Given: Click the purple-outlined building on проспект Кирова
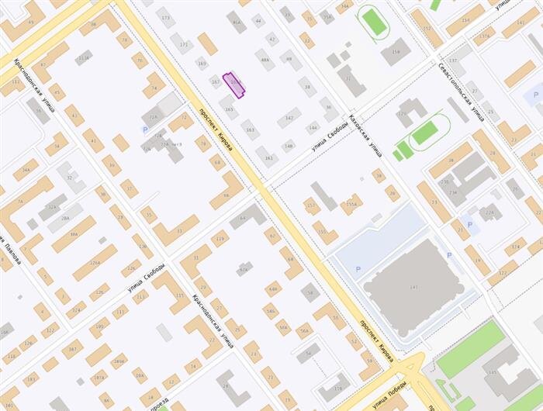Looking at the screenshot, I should tap(234, 85).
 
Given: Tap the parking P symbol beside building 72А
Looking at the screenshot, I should tap(145, 130).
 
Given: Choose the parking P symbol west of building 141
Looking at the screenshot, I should tap(358, 268).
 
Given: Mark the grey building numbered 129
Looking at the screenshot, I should tap(405, 112).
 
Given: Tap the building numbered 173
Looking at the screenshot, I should tap(164, 16).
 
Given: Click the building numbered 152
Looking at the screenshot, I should tap(427, 28).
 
